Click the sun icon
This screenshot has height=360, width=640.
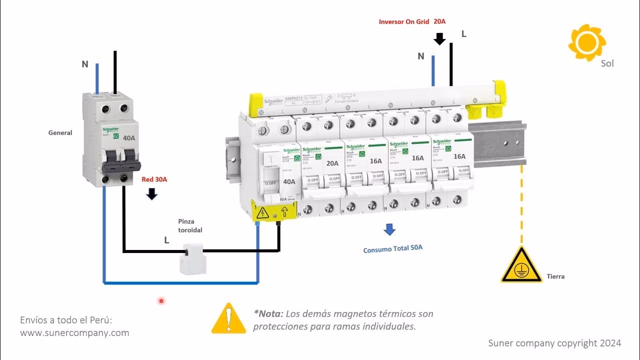coord(587,42)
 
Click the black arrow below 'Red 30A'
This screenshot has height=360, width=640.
coord(151,194)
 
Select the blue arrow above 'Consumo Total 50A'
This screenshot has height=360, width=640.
coord(389,229)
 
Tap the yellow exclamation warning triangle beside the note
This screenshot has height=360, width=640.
coord(228,318)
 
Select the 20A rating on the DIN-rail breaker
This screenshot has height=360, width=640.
coord(332,162)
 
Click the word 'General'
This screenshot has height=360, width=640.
coord(60,132)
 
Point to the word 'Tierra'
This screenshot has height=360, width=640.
coord(555,276)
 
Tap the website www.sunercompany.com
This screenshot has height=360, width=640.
coord(74,332)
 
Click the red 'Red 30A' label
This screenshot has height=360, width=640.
coord(154,179)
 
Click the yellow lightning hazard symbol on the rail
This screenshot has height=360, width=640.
coord(261,214)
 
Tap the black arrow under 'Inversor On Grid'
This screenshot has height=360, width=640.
coord(439,38)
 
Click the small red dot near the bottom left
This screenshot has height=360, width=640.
coord(161,301)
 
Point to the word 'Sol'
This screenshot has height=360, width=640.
coord(607,63)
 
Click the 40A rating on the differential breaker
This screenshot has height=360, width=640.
coord(289,181)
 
